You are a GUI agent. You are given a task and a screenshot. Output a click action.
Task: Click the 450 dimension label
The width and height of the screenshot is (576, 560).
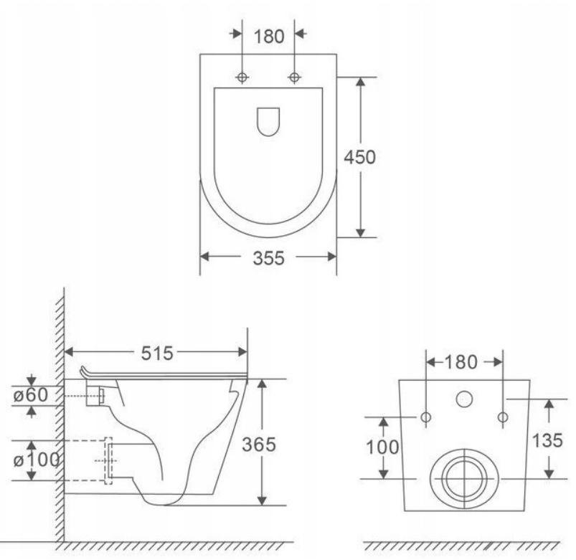click(x=359, y=157)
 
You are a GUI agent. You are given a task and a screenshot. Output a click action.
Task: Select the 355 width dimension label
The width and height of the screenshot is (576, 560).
click(x=268, y=258)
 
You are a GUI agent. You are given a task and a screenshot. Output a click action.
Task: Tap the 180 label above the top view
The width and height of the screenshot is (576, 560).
click(x=269, y=37)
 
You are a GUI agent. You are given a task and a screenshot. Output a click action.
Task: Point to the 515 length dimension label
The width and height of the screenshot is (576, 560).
click(x=157, y=353)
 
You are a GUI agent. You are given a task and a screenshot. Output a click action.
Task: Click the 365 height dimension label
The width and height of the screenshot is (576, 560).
click(x=259, y=445)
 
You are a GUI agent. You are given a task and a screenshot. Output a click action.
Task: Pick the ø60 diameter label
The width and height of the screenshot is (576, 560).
click(x=31, y=395)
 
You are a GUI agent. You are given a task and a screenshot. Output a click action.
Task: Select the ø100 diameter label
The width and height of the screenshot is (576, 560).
click(x=37, y=460)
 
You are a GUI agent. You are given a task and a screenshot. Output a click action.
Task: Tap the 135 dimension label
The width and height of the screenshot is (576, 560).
click(x=547, y=440)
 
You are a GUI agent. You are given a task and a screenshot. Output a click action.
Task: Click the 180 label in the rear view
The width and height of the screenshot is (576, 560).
click(x=461, y=362)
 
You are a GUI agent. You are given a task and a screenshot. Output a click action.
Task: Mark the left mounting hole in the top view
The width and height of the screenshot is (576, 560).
click(x=242, y=77)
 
